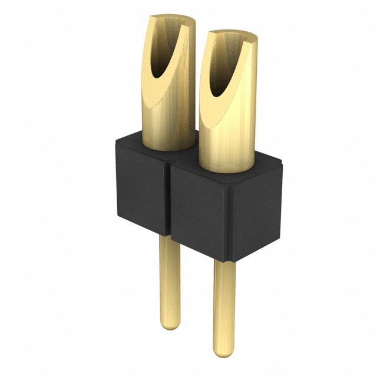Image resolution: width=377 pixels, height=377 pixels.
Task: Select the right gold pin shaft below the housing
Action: [x=223, y=306]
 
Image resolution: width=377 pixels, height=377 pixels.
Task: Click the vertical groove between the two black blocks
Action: [x=169, y=200]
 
